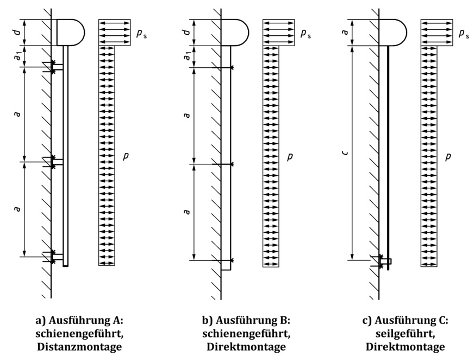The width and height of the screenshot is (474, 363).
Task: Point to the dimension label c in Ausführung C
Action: coord(345,153)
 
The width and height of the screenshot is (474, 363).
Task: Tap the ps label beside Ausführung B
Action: coord(306,34)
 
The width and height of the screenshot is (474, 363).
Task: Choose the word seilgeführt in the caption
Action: coord(405,334)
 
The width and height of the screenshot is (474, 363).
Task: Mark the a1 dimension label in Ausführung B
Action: coord(188,56)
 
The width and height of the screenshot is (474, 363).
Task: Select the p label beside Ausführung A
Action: coord(126,156)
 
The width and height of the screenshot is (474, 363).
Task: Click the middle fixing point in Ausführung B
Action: coord(231,163)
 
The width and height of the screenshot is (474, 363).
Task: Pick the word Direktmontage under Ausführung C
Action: coord(405,347)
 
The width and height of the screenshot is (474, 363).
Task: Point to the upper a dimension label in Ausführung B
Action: coord(188,115)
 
